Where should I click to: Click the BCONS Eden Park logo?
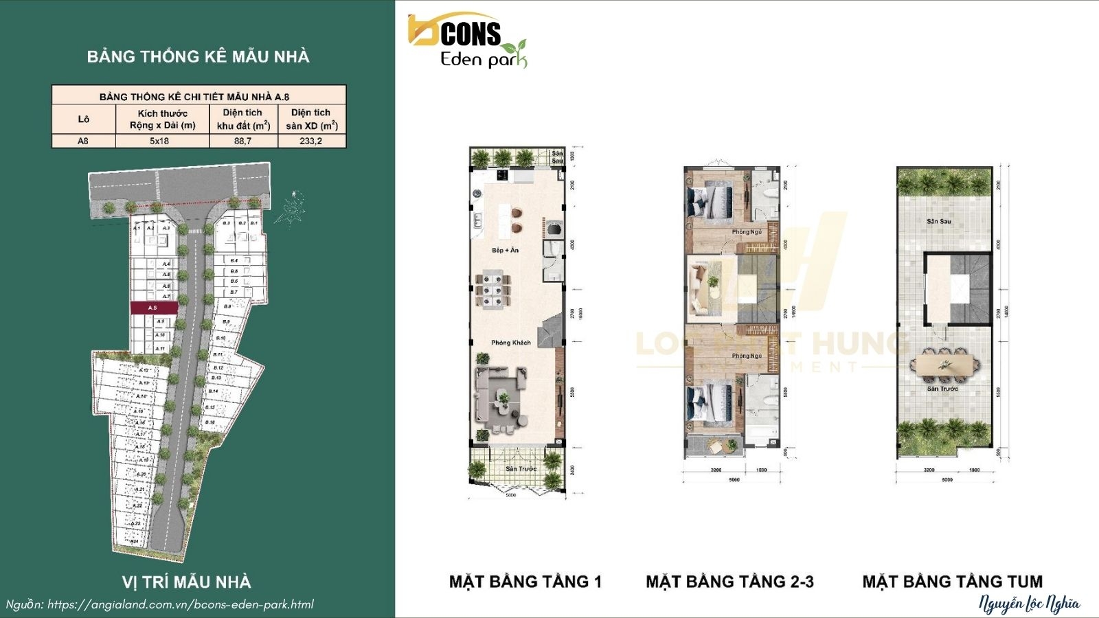point(467,42)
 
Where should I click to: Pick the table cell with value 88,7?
point(242,141)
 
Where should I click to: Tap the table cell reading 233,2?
point(310,141)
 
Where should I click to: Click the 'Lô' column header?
point(83,119)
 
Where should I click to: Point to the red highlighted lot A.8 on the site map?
point(154,308)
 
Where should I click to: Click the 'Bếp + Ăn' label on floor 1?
point(505,250)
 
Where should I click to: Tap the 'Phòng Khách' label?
point(510,342)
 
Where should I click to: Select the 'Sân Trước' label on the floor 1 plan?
point(521,469)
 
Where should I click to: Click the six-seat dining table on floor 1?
point(493,290)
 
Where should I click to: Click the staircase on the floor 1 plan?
point(551,335)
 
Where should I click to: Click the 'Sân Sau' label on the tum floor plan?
point(938,221)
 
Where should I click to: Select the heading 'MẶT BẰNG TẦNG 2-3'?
point(729,582)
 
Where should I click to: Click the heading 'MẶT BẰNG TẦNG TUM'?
point(952,582)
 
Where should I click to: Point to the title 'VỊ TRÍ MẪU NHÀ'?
point(186,582)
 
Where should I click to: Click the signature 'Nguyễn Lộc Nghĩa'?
point(1029,604)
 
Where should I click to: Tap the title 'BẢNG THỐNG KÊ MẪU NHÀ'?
point(198,56)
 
